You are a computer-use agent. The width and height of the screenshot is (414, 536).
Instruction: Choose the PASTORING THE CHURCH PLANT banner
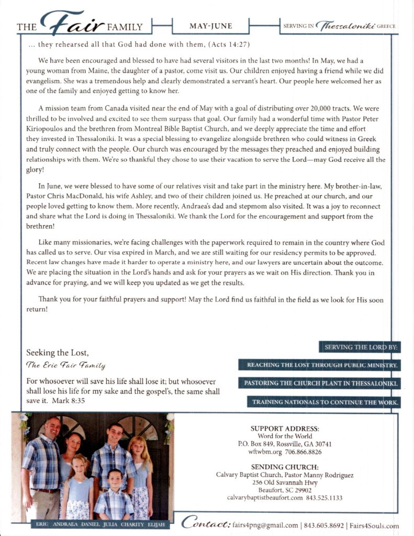(320, 384)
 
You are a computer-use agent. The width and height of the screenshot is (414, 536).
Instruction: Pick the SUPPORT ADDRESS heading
(285, 428)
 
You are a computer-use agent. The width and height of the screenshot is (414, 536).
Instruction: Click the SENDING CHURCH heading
(285, 467)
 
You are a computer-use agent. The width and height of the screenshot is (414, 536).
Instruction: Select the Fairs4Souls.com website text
(374, 526)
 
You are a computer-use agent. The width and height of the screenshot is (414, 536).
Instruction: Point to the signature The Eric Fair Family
(66, 366)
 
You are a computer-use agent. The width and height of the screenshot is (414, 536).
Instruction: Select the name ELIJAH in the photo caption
(156, 523)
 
